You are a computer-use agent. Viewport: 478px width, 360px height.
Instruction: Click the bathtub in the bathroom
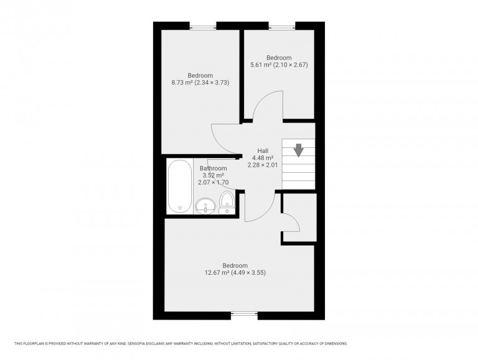coord(179,187)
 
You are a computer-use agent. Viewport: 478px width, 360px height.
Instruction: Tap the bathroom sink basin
coord(205,206)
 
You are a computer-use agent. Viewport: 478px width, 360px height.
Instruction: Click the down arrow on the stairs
coord(298,149)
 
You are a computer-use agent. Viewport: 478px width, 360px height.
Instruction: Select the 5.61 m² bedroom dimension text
coord(279,65)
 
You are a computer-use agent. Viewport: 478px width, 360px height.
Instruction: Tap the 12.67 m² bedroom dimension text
coord(239,272)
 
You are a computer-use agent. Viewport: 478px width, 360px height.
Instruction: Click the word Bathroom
coord(213,168)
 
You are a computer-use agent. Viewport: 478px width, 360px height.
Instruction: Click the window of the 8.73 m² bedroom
coord(203,25)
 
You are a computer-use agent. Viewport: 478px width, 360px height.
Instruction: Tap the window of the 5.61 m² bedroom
coord(282,25)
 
